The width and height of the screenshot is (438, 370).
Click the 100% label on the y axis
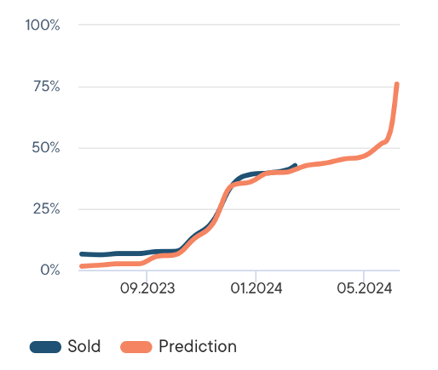pos(42,25)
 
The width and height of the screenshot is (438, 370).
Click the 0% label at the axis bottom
pos(49,270)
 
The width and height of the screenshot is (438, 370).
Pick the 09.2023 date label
pos(147,289)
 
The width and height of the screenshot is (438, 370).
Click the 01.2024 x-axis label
pos(255,289)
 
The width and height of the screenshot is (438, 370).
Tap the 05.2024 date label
pos(364,289)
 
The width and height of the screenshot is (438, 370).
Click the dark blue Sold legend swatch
pos(45,346)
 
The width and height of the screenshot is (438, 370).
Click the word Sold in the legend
pos(84,346)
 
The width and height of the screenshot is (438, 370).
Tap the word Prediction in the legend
pos(198,346)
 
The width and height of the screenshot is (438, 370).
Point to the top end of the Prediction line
pos(397,83)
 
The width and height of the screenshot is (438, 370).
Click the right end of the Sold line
pos(295,166)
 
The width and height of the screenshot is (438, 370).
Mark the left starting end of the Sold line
pos(81,253)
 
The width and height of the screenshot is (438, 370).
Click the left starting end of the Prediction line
pos(81,266)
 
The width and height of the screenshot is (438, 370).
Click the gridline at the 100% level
pos(239,25)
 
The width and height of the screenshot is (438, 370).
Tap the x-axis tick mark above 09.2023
pos(147,273)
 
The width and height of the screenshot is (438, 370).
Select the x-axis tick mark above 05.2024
pos(364,273)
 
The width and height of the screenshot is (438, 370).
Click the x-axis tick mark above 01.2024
pos(255,273)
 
